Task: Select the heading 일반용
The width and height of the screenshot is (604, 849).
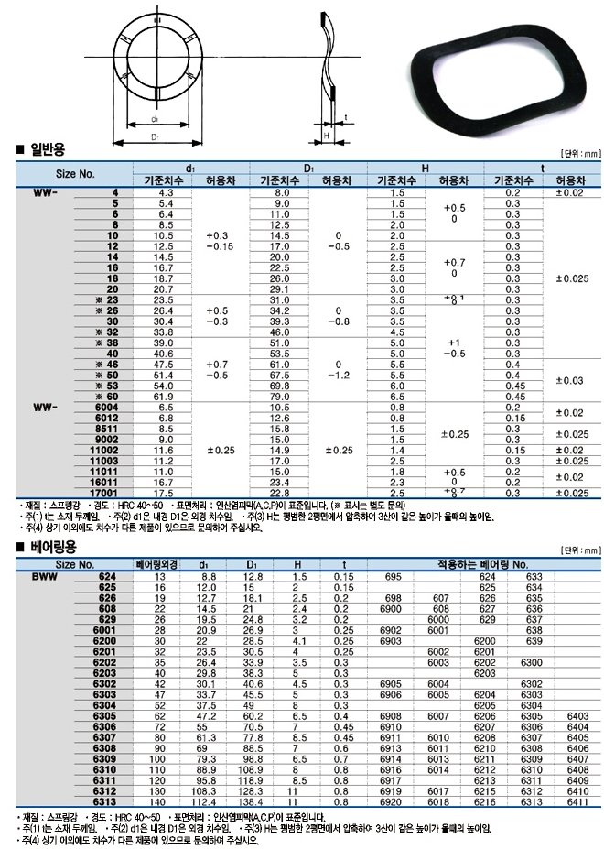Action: pos(47,149)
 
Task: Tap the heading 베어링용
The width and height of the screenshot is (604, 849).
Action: pos(51,547)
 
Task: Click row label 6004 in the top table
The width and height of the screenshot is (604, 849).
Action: pos(104,406)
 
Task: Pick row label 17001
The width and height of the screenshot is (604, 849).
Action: pos(102,492)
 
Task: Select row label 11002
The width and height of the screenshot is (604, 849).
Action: pos(102,450)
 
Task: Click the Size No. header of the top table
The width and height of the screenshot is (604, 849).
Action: pos(76,172)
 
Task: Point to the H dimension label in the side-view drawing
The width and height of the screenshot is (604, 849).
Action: pos(326,135)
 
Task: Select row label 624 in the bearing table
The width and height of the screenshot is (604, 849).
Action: pos(106,577)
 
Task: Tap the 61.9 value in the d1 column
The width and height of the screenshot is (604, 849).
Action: pos(166,396)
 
